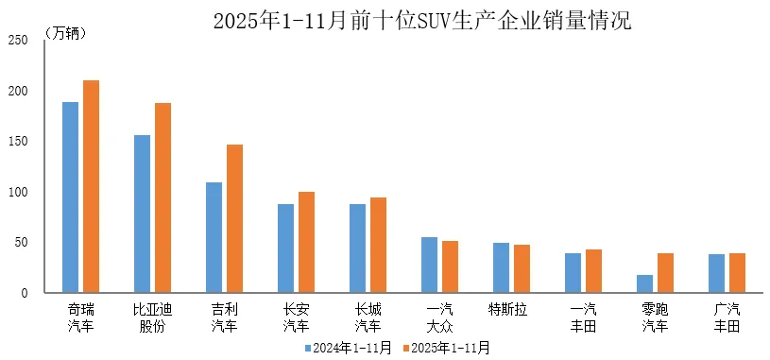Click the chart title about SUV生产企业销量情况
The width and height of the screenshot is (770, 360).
click(421, 20)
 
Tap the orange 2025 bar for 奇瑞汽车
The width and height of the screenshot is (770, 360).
click(91, 187)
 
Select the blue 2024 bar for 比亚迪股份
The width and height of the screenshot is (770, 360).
click(142, 214)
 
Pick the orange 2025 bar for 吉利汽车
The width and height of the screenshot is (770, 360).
click(234, 219)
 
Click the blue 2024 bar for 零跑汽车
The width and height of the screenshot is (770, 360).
click(644, 284)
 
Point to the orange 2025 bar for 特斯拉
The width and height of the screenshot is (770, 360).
click(522, 269)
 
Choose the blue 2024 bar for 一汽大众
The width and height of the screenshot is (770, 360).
click(429, 266)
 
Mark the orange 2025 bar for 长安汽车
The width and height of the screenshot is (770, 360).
click(306, 243)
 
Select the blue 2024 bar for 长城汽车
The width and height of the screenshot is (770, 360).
click(357, 249)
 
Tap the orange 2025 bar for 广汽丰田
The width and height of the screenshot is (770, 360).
click(737, 273)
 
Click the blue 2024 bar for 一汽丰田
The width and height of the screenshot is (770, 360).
click(573, 273)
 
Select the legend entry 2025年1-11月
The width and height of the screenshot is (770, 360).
click(447, 348)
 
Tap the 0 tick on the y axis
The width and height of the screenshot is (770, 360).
click(25, 294)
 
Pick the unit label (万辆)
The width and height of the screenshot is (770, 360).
click(66, 33)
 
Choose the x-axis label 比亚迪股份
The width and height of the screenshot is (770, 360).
click(152, 317)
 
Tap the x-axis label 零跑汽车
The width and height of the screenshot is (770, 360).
click(655, 317)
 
